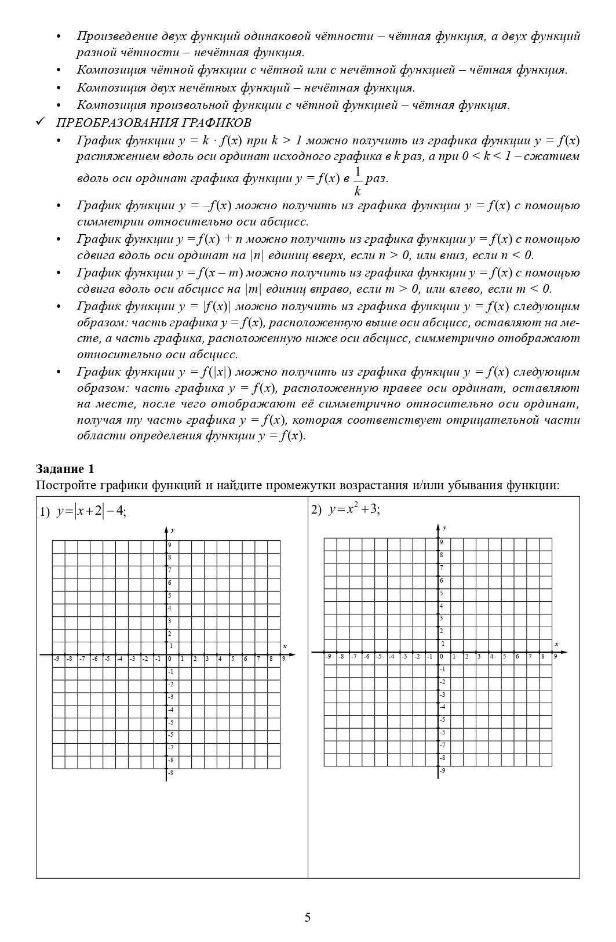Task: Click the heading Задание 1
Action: [65, 468]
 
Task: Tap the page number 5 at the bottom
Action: [308, 917]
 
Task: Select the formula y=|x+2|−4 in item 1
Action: [92, 511]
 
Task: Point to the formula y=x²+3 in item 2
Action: [354, 510]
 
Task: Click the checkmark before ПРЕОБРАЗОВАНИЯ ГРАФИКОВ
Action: [41, 122]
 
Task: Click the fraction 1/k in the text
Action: [358, 181]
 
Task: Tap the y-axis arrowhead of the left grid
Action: [166, 529]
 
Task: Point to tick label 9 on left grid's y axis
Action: [170, 545]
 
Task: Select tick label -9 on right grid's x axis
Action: [329, 656]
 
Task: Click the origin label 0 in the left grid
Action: [170, 659]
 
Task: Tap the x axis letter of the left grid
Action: [285, 646]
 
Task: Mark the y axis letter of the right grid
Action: [444, 528]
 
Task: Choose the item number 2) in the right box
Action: [316, 510]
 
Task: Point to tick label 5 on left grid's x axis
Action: [233, 659]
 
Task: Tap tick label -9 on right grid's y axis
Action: [442, 770]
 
